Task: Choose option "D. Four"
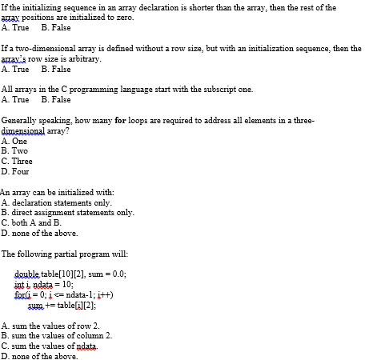click(x=16, y=171)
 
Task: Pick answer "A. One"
click(x=15, y=141)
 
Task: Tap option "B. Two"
click(x=15, y=150)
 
